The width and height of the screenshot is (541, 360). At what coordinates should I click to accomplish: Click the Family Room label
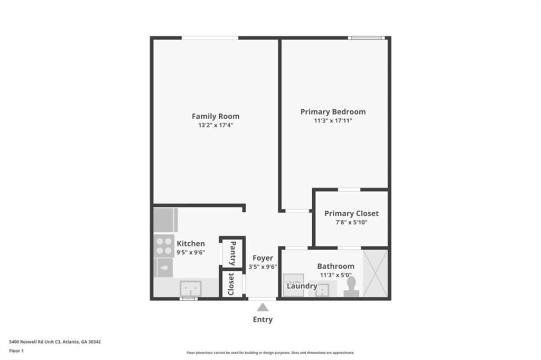[216, 116]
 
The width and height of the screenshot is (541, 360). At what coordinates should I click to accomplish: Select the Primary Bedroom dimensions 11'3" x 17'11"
[333, 121]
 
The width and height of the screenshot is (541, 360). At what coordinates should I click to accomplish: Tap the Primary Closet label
[351, 213]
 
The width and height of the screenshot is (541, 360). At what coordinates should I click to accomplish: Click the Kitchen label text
[191, 243]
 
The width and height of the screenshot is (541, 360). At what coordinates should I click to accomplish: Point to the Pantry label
[233, 253]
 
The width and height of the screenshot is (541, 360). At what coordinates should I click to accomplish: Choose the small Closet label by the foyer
[231, 284]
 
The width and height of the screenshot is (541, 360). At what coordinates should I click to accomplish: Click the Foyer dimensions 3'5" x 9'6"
[263, 267]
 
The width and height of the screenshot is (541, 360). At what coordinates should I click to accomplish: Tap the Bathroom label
[335, 266]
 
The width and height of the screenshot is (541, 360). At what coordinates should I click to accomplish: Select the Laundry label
[302, 286]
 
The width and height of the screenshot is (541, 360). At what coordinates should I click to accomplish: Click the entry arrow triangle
[263, 307]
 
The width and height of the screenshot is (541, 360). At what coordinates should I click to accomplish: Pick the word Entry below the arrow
[263, 319]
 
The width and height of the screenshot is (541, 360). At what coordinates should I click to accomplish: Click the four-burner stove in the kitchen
[164, 245]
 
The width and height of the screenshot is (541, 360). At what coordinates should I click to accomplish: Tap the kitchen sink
[191, 288]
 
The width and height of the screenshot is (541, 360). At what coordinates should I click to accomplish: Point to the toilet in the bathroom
[351, 287]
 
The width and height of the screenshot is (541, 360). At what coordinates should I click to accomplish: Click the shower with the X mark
[375, 273]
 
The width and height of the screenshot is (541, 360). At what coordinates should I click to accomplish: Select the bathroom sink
[322, 290]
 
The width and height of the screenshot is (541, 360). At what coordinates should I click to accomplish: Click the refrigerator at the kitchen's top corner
[165, 220]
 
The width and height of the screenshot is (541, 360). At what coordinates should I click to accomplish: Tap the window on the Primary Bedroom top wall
[366, 38]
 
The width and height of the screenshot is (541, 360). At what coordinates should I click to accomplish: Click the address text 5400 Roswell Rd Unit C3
[35, 342]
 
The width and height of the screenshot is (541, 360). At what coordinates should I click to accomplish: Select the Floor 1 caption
[16, 350]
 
